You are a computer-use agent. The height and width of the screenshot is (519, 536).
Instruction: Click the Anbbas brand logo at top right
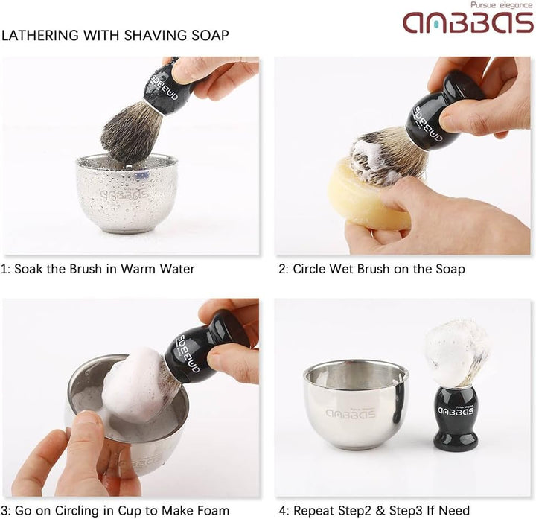(468, 22)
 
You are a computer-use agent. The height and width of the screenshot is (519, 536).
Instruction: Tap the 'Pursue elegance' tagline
(502, 5)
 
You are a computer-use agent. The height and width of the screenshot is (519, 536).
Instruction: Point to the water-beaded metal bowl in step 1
(127, 193)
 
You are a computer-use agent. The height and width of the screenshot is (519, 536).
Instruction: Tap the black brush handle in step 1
(168, 87)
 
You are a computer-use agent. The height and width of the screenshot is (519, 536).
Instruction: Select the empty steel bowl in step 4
(356, 405)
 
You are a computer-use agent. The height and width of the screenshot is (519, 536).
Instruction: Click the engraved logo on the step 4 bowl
(351, 413)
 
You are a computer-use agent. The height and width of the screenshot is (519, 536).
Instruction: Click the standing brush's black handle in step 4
(456, 418)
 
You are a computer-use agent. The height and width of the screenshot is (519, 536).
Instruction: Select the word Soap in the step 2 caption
(450, 269)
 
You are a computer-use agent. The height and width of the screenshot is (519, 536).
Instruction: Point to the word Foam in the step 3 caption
(212, 511)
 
